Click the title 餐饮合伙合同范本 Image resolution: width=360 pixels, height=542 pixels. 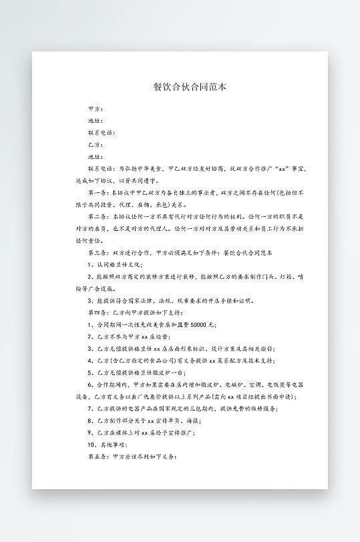(x=180, y=87)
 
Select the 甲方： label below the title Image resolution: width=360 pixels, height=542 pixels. (x=96, y=109)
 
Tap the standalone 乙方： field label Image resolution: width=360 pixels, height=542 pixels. (x=96, y=145)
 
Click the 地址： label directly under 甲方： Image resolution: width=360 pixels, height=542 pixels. (x=96, y=121)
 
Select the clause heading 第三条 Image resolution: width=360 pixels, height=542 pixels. (x=98, y=254)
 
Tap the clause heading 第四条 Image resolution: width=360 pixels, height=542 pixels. (x=98, y=313)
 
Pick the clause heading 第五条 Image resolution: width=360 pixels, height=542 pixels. (x=98, y=457)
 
